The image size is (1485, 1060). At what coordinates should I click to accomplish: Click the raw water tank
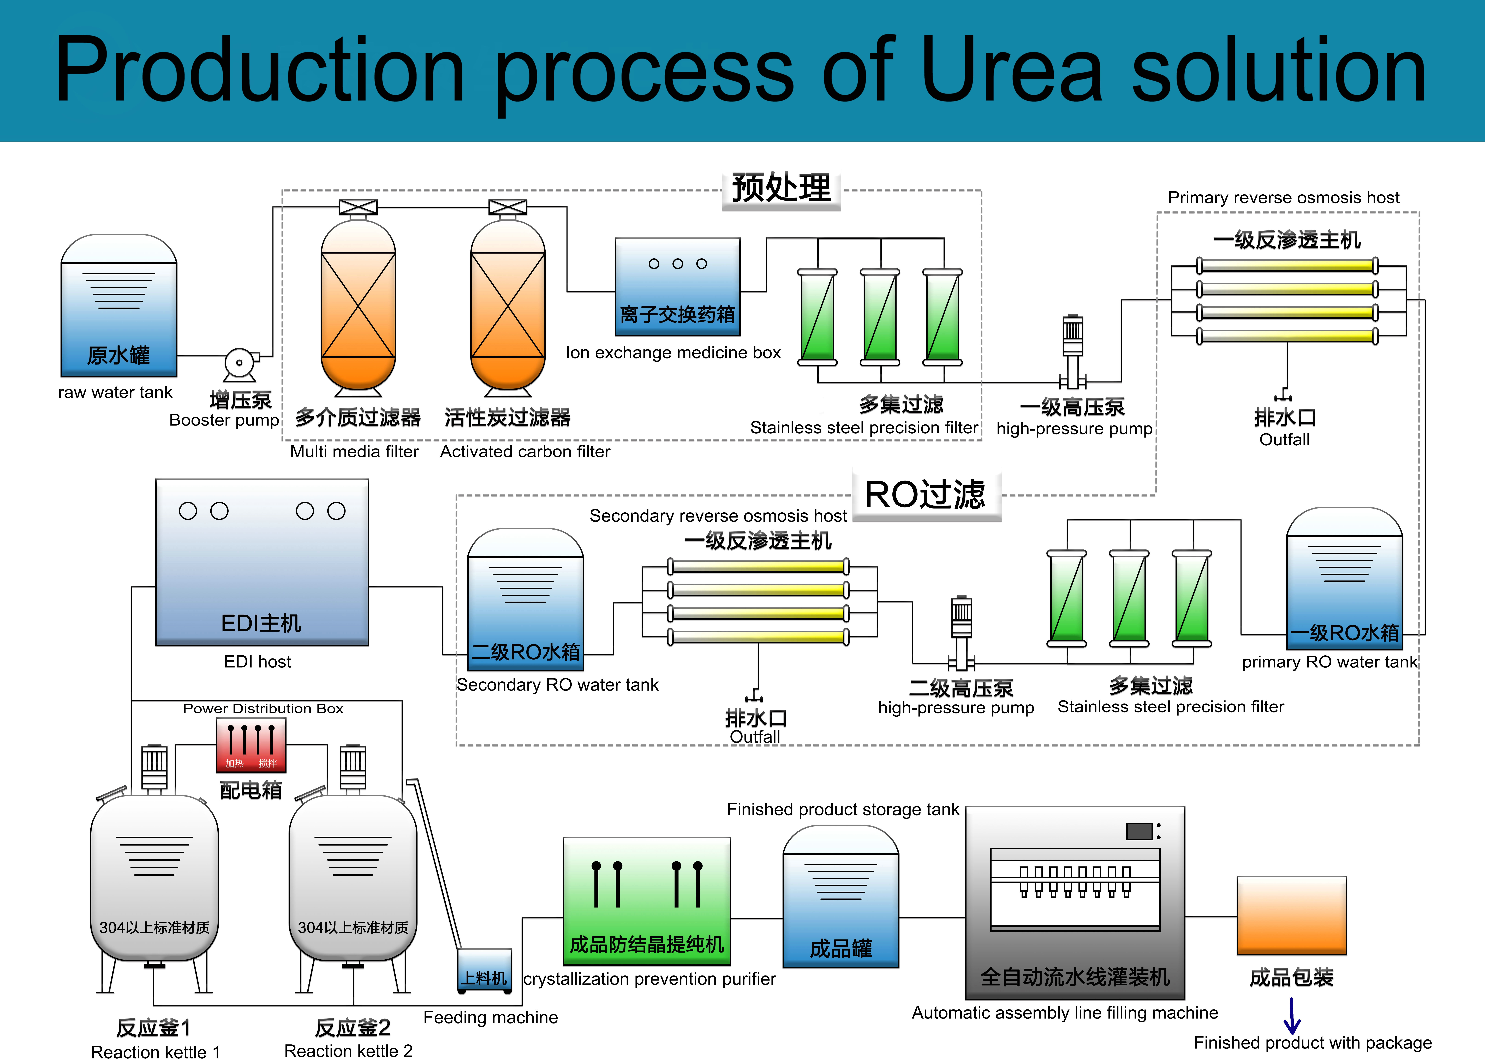(119, 307)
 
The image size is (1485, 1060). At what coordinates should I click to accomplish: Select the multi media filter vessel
(358, 306)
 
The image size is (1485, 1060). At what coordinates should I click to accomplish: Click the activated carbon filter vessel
(508, 306)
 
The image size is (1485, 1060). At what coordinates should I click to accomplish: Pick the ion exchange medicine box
(678, 287)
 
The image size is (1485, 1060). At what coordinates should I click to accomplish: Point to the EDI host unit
(262, 563)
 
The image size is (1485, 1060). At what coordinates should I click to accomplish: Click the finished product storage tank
(841, 897)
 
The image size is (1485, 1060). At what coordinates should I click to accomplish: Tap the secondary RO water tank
(526, 601)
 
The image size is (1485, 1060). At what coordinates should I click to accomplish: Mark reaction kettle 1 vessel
(155, 878)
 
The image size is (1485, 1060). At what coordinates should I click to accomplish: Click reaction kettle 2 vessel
(353, 878)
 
